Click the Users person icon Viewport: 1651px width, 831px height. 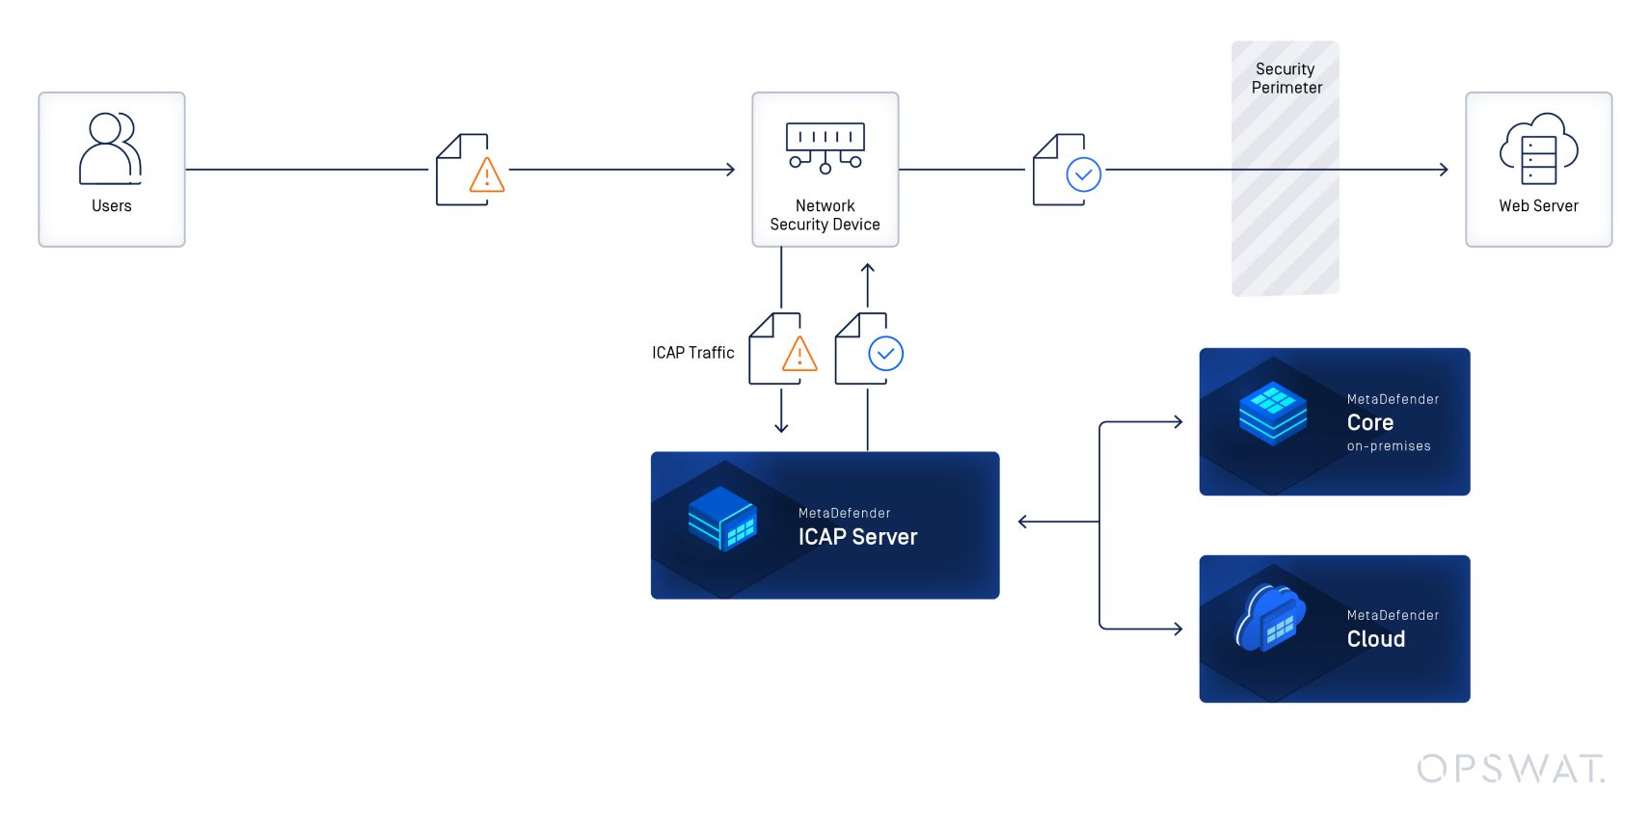pyautogui.click(x=110, y=148)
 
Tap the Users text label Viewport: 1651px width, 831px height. pyautogui.click(x=111, y=206)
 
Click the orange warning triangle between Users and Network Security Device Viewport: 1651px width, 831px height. pyautogui.click(x=487, y=176)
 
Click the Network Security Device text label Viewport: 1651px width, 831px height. pyautogui.click(x=825, y=215)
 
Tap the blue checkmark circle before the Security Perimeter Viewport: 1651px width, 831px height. pyautogui.click(x=1083, y=175)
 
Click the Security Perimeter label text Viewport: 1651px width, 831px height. pyautogui.click(x=1286, y=78)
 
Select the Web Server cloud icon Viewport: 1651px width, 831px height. pyautogui.click(x=1538, y=148)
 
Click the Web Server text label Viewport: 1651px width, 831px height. pyautogui.click(x=1538, y=206)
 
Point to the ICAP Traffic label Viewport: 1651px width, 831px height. pyautogui.click(x=692, y=353)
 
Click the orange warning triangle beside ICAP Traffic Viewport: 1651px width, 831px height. pyautogui.click(x=799, y=355)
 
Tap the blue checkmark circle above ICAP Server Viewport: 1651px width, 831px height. pyautogui.click(x=885, y=354)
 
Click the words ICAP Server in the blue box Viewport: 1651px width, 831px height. pyautogui.click(x=857, y=537)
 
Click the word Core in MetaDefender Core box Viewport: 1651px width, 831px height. pyautogui.click(x=1369, y=423)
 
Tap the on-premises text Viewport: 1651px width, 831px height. pyautogui.click(x=1388, y=446)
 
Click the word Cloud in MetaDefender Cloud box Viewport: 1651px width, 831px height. pyautogui.click(x=1375, y=639)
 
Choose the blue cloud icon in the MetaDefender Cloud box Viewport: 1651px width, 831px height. pyautogui.click(x=1270, y=619)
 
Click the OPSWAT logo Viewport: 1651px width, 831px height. pyautogui.click(x=1510, y=768)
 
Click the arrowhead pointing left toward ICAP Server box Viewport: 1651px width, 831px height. pyautogui.click(x=1023, y=522)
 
